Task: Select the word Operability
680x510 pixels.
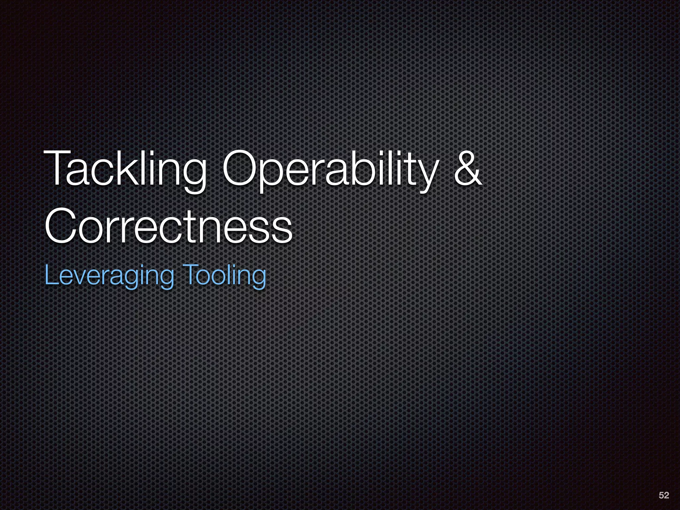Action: click(329, 169)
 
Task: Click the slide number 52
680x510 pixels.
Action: click(664, 495)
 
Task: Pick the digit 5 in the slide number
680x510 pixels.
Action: click(661, 495)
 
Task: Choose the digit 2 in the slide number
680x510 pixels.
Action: click(666, 495)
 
